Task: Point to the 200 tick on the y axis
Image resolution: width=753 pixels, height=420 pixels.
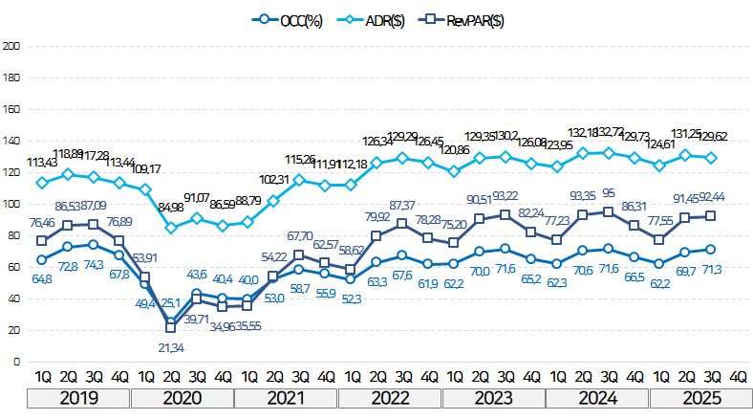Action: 11,46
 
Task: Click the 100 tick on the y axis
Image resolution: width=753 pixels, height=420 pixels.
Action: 11,204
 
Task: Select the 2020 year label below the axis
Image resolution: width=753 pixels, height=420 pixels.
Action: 183,399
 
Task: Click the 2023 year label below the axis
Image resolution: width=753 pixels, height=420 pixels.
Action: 493,399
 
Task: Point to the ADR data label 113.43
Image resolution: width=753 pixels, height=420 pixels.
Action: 43,162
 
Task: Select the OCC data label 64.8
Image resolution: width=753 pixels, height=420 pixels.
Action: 42,279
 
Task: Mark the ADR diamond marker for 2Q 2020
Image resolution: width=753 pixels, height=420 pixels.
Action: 171,228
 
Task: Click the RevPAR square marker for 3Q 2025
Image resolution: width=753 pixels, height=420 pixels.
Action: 711,216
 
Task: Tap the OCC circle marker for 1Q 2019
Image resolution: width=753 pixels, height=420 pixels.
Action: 42,259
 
